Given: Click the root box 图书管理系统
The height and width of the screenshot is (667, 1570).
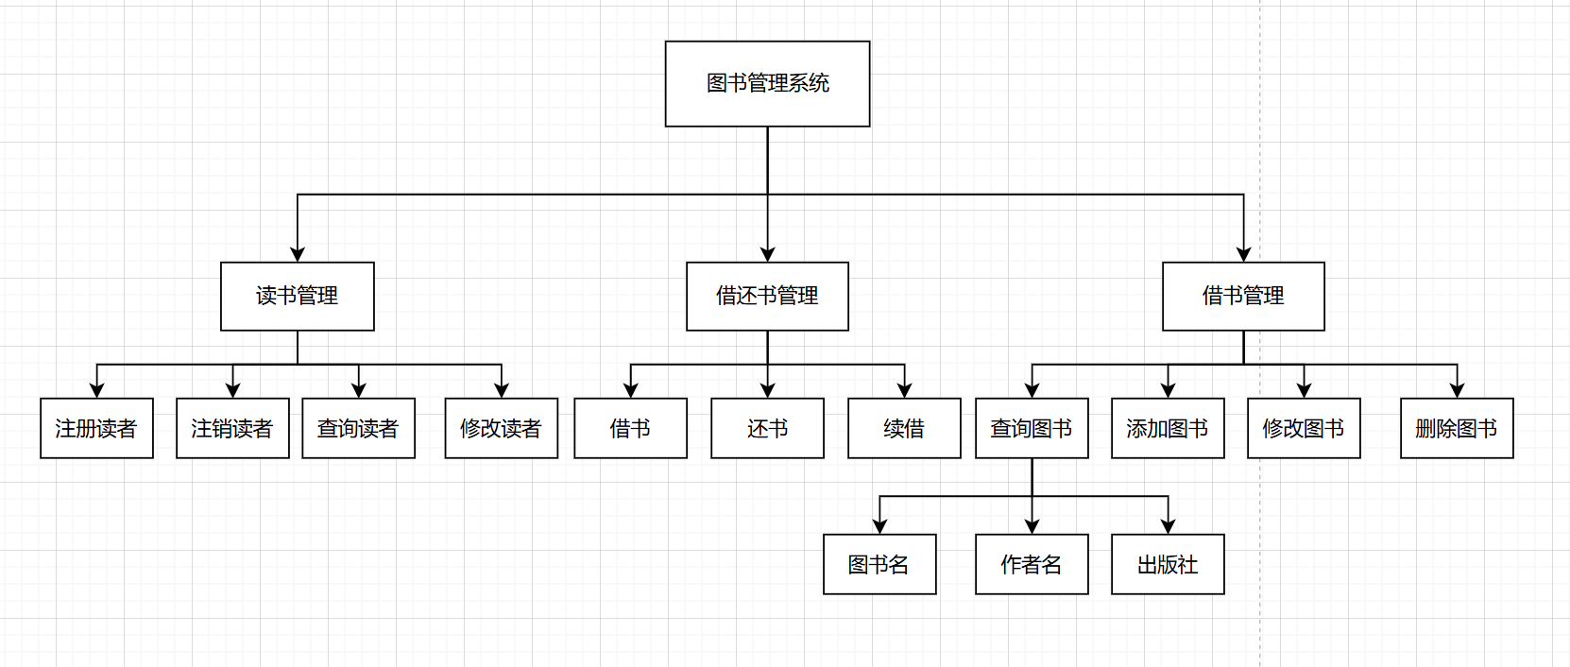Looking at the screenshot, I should coord(767,83).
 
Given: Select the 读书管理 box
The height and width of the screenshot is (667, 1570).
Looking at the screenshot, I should coord(298,296).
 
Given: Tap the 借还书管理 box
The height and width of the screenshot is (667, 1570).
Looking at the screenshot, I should coord(767,296).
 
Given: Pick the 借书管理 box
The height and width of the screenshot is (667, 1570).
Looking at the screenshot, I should coord(1243,296).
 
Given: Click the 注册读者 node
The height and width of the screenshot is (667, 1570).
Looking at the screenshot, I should coord(96,428).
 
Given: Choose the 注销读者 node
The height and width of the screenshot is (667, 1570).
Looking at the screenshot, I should coord(232,428).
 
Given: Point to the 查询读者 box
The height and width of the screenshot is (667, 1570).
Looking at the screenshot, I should coord(358,428).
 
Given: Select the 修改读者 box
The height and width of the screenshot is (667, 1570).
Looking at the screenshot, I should coord(502,428).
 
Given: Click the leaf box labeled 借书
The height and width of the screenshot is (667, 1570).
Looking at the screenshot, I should coord(630,428).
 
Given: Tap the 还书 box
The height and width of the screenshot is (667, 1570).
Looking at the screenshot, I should coord(767,428).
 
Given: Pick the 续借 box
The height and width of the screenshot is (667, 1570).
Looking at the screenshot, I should coord(904,428).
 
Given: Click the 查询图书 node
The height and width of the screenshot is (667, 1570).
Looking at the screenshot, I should coord(1032,428).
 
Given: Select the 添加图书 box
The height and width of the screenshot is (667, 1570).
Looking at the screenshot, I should coord(1168,428).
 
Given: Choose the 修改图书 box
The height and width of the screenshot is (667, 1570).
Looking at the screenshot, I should coord(1304,428).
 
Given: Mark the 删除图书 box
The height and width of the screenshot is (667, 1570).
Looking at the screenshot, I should coord(1457,428).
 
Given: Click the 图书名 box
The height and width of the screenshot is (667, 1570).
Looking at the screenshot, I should coord(879,564).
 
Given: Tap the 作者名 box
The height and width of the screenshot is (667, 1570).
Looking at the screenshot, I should coord(1032,564).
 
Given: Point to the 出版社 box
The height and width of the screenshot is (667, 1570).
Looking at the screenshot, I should coord(1168,564).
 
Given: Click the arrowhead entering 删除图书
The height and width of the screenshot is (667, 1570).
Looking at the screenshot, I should coord(1457,390).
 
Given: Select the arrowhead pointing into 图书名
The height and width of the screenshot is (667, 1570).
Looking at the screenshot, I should coord(879,526).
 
